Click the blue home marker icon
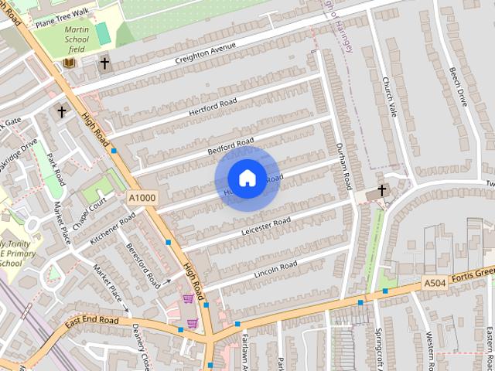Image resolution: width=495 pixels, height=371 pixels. [x=247, y=178]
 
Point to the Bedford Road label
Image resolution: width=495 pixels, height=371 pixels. [x=230, y=146]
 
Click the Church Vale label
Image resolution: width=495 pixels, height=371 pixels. [x=390, y=97]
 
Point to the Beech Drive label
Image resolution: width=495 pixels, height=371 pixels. [x=458, y=86]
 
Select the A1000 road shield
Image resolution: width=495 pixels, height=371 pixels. [x=142, y=199]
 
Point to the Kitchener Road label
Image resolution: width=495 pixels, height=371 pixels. [x=111, y=230]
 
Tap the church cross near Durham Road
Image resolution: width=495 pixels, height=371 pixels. [x=381, y=191]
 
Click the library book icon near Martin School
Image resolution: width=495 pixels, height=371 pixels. [x=70, y=62]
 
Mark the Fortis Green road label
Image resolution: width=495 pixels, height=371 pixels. [x=473, y=275]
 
